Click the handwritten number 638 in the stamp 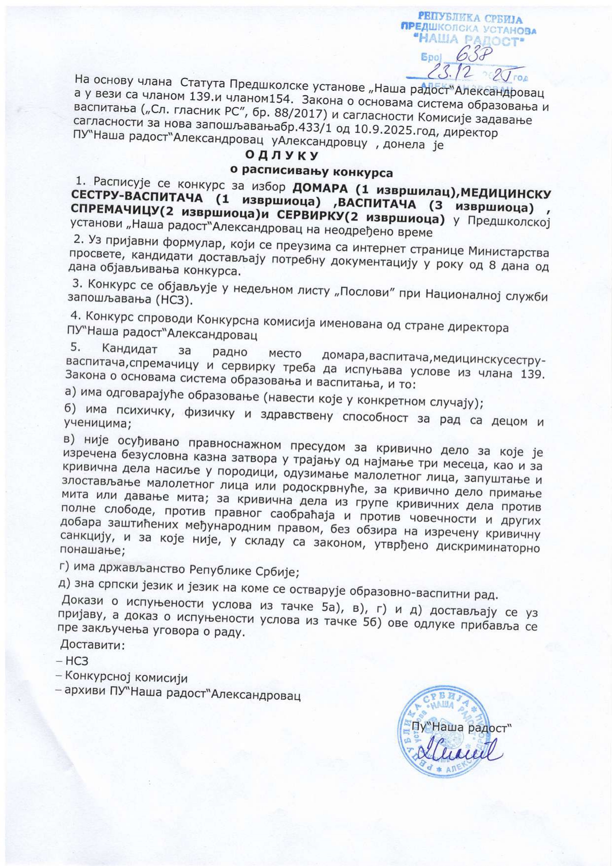coord(471,53)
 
